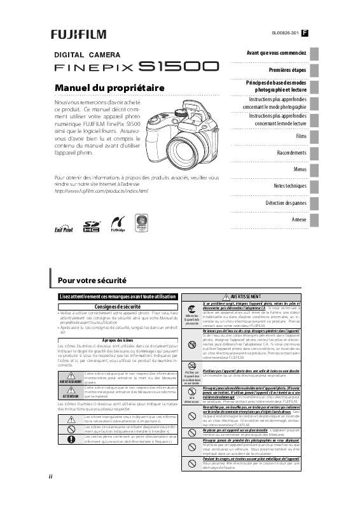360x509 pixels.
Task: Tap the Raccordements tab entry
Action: pos(291,153)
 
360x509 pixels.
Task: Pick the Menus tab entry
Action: pos(300,170)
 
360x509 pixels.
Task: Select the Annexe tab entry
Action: pos(299,219)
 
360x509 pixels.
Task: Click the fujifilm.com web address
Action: pos(101,190)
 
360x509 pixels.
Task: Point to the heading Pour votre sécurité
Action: pos(92,280)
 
